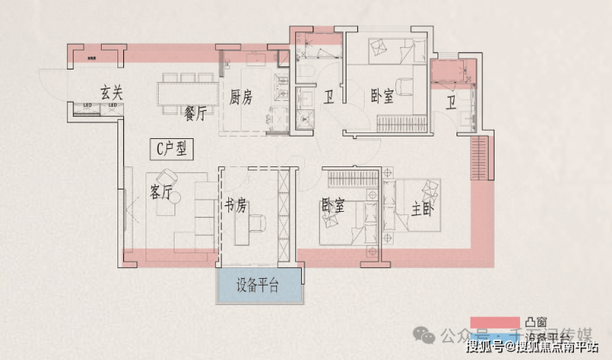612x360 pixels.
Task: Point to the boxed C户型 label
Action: [x=173, y=149]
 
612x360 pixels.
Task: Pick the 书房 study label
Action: [x=236, y=207]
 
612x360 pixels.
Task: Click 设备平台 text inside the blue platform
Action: [x=257, y=286]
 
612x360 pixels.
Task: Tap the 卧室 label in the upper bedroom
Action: [x=382, y=97]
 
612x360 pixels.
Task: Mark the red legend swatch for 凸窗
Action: [x=495, y=321]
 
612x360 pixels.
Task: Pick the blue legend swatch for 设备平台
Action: [x=495, y=336]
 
